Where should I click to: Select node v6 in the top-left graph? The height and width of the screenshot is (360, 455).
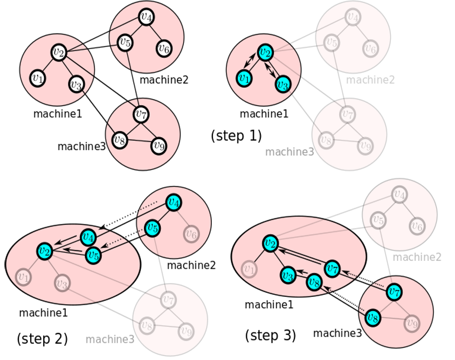tap(164, 49)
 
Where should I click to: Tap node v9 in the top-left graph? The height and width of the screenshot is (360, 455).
tap(159, 146)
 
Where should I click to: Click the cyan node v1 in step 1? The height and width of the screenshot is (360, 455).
tap(243, 78)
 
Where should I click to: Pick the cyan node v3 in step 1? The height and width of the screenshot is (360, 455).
tap(282, 83)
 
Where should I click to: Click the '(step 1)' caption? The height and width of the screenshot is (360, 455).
tap(236, 136)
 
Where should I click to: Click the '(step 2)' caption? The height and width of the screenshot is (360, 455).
tap(42, 339)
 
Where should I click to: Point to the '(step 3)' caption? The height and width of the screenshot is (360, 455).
tap(270, 334)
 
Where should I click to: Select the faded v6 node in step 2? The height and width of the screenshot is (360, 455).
tap(191, 233)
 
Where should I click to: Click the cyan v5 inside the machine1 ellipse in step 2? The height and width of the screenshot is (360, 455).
tap(93, 255)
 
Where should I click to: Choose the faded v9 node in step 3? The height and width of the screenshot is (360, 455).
tap(413, 323)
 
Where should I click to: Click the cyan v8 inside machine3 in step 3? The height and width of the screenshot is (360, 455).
tap(372, 317)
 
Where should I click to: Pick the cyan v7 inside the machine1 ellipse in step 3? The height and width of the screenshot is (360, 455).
tap(332, 268)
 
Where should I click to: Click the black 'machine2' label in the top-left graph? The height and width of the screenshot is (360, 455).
tap(164, 80)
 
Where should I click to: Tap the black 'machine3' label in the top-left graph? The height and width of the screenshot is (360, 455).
tap(81, 147)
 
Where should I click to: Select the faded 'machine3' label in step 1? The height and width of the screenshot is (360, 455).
tap(289, 152)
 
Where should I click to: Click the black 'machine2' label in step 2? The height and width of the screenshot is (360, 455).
tap(191, 266)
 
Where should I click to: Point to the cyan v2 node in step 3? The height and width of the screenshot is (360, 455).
tap(270, 243)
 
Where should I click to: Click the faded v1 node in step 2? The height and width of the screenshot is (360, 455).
tap(22, 275)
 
